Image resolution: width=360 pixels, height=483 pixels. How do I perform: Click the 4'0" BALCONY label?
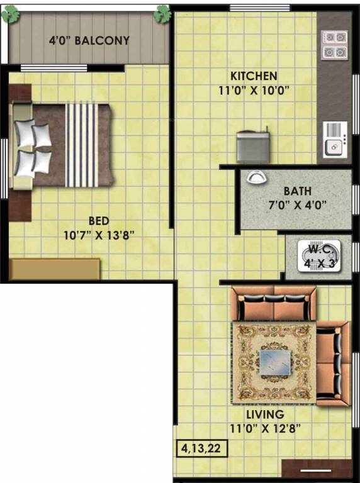[x=89, y=41]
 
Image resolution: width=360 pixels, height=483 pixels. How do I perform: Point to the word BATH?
[x=297, y=191]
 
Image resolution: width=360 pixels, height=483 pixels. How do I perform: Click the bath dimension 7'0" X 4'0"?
[x=296, y=205]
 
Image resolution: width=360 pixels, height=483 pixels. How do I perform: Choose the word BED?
[x=99, y=221]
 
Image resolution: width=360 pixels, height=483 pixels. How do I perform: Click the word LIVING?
[x=266, y=414]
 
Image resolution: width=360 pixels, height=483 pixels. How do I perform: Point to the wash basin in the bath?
[x=256, y=177]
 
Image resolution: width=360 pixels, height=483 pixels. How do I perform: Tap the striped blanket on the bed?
[x=82, y=145]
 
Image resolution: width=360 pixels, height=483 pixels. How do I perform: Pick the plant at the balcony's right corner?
[x=163, y=13]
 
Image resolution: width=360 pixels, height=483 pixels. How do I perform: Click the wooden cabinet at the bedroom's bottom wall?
[x=55, y=269]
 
